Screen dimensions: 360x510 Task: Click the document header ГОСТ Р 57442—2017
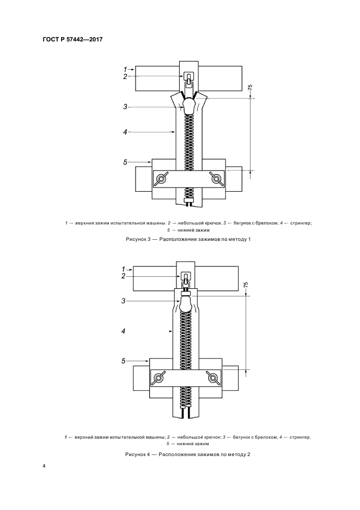(x=72, y=40)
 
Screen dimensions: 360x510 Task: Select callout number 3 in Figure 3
(x=125, y=107)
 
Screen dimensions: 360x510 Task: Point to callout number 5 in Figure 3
(x=125, y=162)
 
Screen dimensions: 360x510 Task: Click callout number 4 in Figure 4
(x=123, y=331)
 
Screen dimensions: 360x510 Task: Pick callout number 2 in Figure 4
(x=123, y=276)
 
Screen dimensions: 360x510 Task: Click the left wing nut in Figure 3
(x=161, y=179)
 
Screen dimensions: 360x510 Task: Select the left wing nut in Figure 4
(x=158, y=378)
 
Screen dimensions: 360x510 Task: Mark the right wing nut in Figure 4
(x=213, y=378)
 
